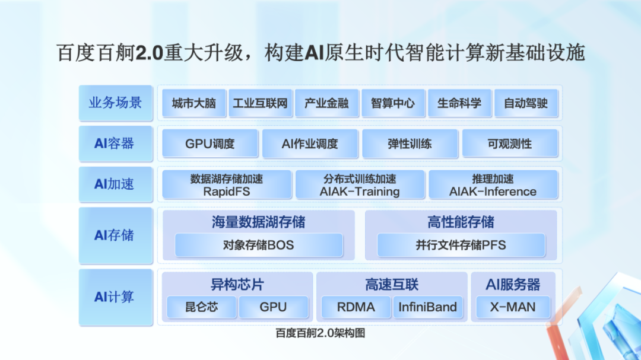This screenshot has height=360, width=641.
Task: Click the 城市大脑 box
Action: (193, 104)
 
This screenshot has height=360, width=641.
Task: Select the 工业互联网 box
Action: (260, 104)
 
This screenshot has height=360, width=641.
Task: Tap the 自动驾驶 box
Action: (526, 104)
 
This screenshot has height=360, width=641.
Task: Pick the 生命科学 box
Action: (459, 104)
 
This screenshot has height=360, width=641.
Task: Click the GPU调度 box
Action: (210, 144)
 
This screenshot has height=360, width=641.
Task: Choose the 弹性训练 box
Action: (410, 144)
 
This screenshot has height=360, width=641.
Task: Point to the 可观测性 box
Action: (510, 144)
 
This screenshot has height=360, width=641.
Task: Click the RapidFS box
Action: (227, 184)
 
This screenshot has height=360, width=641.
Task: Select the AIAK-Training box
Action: (360, 184)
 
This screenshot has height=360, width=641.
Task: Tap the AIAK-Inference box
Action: (493, 184)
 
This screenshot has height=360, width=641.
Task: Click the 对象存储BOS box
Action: (259, 245)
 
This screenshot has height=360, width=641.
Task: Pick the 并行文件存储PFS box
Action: (461, 245)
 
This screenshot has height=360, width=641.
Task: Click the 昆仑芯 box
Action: (202, 307)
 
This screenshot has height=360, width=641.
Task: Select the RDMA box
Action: (356, 307)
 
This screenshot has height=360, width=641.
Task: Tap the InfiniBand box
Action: (427, 307)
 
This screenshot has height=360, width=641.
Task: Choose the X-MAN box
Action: (513, 307)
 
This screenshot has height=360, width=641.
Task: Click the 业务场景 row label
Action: (115, 103)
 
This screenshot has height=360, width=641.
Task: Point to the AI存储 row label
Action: (115, 235)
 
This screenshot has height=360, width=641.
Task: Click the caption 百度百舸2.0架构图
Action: (320, 333)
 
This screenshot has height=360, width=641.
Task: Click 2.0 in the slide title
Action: (150, 53)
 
